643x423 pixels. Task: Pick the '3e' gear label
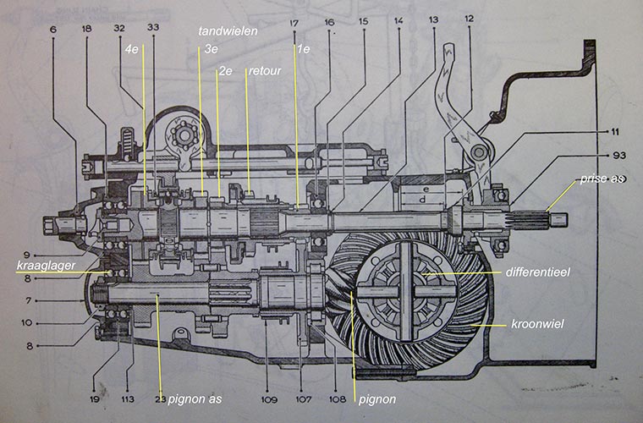(x=211, y=50)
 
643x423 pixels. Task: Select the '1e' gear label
(x=303, y=50)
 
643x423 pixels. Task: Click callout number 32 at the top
(x=118, y=28)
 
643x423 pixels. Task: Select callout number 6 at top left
(x=53, y=28)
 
